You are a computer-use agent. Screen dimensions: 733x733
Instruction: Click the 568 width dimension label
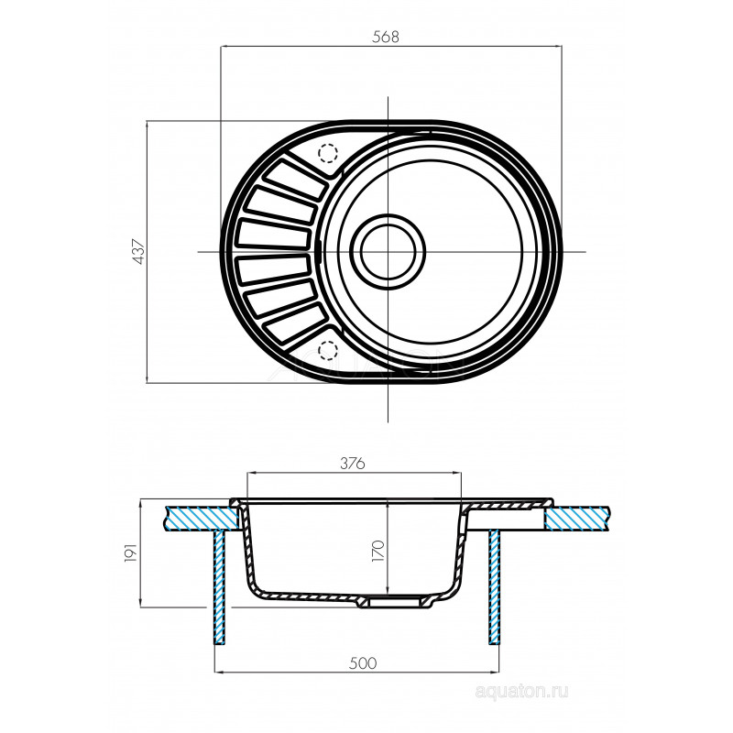386,37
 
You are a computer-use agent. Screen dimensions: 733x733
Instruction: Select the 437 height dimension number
140,251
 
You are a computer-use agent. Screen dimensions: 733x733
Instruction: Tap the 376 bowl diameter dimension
353,464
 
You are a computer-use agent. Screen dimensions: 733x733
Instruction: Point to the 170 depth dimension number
377,551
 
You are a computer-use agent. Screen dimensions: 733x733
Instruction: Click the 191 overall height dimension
131,552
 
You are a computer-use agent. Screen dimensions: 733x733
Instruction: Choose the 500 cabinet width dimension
363,662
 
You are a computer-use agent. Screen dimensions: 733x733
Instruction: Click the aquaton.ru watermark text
521,691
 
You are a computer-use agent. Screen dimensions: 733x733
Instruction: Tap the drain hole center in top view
388,251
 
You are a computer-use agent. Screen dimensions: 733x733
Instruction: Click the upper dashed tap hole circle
328,153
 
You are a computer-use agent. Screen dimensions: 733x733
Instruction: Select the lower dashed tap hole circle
328,350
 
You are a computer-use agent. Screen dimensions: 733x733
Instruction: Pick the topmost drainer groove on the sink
294,179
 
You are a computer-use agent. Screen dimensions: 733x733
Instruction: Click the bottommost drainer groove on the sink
294,323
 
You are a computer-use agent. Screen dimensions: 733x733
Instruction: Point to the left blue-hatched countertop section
201,519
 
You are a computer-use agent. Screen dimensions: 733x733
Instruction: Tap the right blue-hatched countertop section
576,519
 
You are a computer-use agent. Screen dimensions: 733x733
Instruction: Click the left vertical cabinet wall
220,587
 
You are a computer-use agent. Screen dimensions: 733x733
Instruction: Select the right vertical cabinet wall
495,587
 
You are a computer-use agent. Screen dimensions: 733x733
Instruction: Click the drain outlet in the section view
396,602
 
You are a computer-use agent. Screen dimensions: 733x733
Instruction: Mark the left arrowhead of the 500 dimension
219,673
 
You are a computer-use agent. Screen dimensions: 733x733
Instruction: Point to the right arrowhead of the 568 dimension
558,47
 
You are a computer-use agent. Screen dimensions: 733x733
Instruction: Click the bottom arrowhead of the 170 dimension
388,591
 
